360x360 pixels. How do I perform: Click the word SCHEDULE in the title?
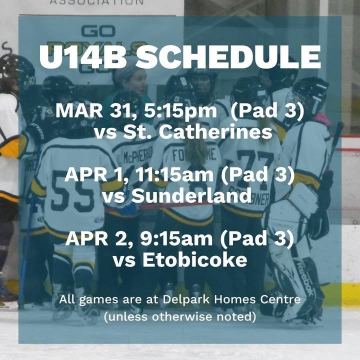[x=228, y=57]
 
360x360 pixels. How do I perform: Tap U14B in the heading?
[x=83, y=57]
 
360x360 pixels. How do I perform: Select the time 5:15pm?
[x=180, y=110]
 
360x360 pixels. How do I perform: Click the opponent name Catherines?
[x=215, y=132]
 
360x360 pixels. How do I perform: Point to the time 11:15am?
[x=174, y=174]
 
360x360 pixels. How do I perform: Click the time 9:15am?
[x=176, y=238]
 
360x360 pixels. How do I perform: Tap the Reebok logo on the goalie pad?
[x=305, y=278]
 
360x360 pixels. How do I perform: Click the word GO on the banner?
[x=98, y=31]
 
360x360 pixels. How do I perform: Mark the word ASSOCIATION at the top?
[x=96, y=2]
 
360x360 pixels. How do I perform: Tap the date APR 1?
[x=96, y=174]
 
